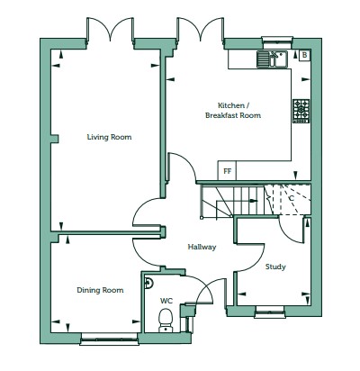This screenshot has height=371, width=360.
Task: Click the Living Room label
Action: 109,137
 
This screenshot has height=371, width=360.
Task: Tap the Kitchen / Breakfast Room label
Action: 233,110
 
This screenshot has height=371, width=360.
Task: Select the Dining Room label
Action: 100,290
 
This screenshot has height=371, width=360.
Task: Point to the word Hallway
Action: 202,247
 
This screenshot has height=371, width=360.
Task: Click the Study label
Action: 275,267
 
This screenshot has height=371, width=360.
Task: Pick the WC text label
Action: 166,301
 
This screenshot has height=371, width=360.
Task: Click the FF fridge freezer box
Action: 227,171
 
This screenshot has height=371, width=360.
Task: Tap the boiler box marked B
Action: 304,55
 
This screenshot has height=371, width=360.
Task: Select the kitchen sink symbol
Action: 272,59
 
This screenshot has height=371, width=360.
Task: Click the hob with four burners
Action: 301,111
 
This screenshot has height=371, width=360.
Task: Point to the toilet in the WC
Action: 166,321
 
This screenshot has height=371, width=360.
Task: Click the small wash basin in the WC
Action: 148,283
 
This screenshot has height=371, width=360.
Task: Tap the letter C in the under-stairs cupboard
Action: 292,198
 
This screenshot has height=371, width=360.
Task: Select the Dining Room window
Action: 110,340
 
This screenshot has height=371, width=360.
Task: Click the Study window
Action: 270,312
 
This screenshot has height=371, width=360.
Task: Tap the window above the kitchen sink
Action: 277,42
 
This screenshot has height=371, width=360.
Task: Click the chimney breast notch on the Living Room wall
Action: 55,139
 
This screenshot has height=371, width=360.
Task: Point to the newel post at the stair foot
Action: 202,217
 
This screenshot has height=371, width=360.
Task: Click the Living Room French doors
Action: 110,30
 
